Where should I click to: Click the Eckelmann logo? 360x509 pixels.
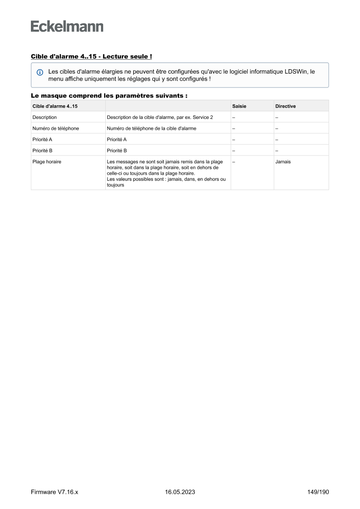tap(67, 26)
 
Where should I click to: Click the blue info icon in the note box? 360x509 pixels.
tap(40, 72)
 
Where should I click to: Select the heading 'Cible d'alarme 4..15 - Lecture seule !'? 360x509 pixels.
tap(91, 57)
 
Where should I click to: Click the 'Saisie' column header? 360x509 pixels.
tap(239, 106)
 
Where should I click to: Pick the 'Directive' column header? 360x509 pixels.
tap(285, 106)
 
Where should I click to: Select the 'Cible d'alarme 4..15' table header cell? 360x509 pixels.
tap(52, 106)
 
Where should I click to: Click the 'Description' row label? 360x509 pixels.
tap(44, 118)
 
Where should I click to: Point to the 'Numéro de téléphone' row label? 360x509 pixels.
tap(56, 128)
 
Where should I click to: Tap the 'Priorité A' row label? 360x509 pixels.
tap(42, 139)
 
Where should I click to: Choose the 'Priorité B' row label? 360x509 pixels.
tap(42, 151)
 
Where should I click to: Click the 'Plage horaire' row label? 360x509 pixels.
tap(47, 162)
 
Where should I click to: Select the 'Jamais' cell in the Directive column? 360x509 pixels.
tap(283, 162)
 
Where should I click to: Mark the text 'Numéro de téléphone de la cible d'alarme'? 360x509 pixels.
tap(151, 128)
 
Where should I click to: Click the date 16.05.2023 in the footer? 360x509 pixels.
tap(180, 492)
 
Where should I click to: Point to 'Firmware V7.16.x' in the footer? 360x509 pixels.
tap(54, 492)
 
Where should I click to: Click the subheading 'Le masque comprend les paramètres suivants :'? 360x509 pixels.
tap(109, 95)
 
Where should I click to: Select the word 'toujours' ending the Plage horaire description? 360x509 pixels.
tap(115, 185)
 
